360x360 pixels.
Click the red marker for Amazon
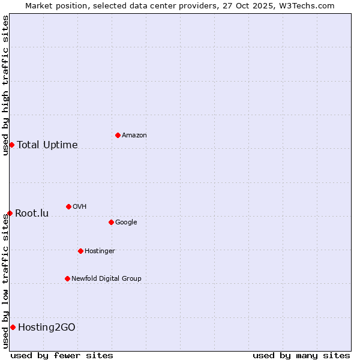click(118, 135)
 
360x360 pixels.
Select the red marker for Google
click(111, 222)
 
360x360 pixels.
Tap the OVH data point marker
click(68, 206)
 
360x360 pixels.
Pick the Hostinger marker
click(80, 251)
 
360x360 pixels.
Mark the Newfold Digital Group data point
click(67, 278)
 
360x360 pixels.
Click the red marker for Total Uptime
click(11, 145)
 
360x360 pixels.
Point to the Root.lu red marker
click(10, 213)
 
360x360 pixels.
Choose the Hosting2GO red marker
click(13, 327)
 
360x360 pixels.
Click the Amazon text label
click(134, 136)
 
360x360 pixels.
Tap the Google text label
click(126, 223)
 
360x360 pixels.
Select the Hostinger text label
click(100, 251)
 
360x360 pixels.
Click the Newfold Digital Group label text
click(106, 279)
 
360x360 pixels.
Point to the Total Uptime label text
click(47, 145)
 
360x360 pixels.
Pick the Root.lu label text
click(32, 214)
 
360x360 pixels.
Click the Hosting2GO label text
click(47, 328)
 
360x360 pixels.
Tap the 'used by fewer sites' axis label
click(62, 356)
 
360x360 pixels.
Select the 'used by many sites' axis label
click(301, 356)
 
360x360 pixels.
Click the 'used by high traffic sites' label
click(5, 85)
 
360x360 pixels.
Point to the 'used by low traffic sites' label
click(5, 281)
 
